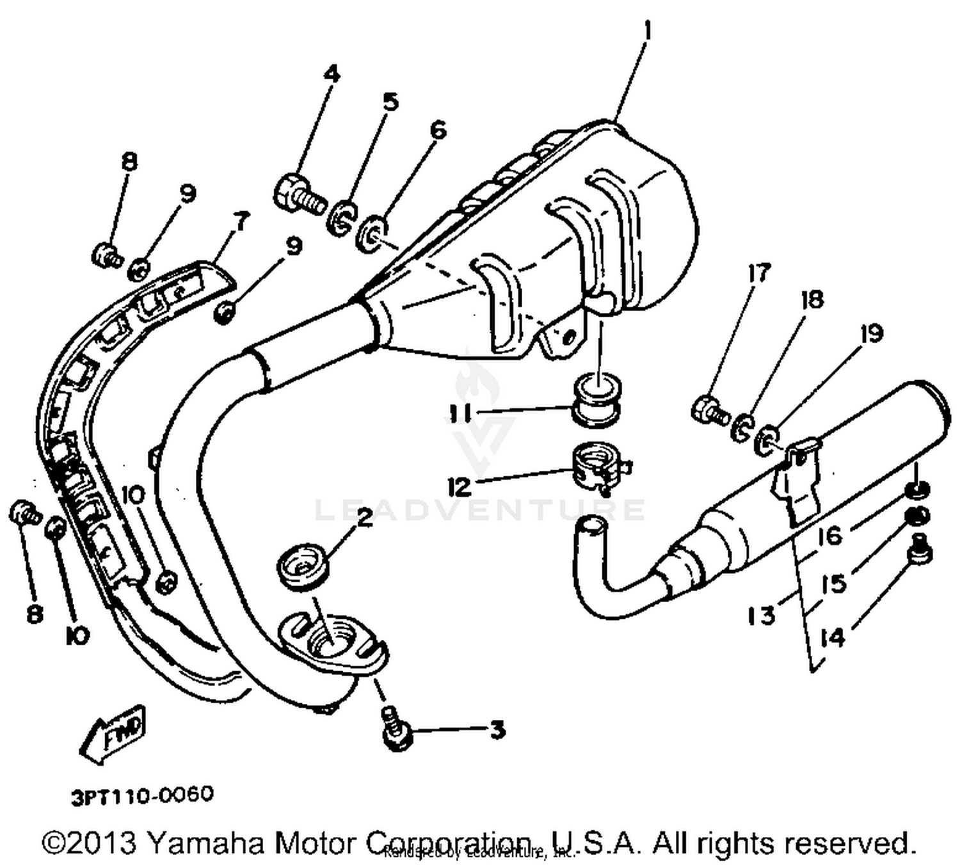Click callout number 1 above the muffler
[x=647, y=30]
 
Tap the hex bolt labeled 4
[x=298, y=191]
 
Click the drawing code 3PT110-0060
[x=142, y=796]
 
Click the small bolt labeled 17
[x=709, y=410]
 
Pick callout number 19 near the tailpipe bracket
[x=870, y=333]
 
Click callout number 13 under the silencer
[x=762, y=616]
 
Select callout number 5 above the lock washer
[x=390, y=102]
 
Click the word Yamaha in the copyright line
[x=205, y=843]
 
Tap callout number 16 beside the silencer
[x=830, y=535]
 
